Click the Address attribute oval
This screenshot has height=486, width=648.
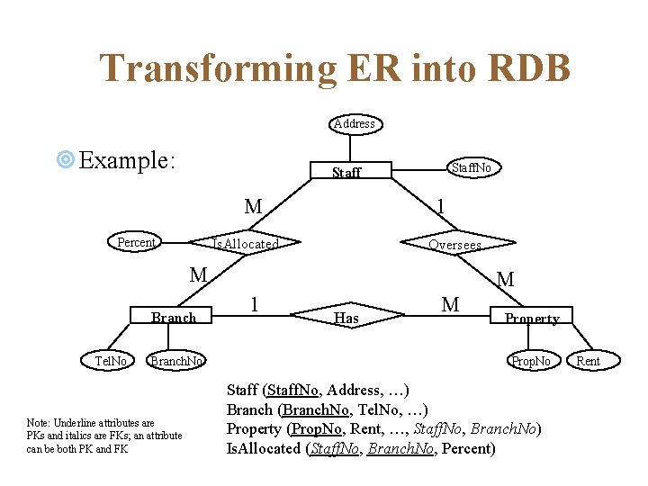355,123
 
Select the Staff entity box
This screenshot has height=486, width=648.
346,172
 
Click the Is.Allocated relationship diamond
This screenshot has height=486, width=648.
245,244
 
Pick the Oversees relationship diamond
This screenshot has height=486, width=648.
454,245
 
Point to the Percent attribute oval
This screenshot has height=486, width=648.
137,242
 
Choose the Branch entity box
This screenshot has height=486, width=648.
174,317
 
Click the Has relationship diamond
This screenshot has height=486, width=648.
346,318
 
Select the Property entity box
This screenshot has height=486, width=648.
531,318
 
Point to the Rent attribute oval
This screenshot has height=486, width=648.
588,361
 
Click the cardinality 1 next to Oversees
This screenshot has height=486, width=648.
440,206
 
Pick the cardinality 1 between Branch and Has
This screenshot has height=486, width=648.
256,304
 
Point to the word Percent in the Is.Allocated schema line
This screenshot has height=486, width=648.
467,448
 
